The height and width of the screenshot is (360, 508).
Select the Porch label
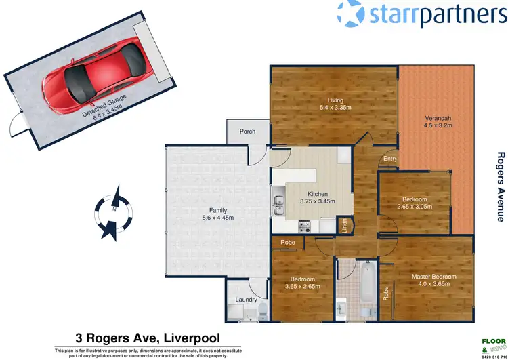pyautogui.click(x=248, y=131)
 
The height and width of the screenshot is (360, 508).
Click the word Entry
pyautogui.click(x=390, y=159)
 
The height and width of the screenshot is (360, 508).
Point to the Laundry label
pyautogui.click(x=245, y=299)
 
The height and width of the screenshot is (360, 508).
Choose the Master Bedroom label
pyautogui.click(x=434, y=277)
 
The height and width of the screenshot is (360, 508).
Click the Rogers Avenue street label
pyautogui.click(x=501, y=186)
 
